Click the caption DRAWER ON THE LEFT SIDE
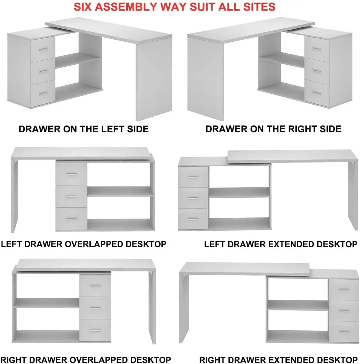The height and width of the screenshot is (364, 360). click(x=84, y=129)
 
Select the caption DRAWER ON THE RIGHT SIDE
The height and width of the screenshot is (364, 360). click(x=273, y=129)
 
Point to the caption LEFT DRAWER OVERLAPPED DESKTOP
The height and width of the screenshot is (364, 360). click(x=84, y=244)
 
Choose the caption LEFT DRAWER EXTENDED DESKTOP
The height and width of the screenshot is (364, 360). click(x=281, y=244)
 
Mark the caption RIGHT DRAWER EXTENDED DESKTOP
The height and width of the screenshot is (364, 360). click(x=278, y=360)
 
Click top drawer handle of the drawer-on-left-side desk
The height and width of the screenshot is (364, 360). click(x=43, y=49)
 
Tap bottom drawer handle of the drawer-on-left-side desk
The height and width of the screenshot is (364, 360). click(x=43, y=93)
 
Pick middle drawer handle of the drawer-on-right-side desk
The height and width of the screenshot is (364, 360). click(x=316, y=71)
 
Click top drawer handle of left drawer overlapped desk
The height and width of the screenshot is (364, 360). click(x=71, y=174)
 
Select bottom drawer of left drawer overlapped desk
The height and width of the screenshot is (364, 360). click(x=71, y=219)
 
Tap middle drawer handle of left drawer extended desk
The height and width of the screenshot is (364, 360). click(x=194, y=198)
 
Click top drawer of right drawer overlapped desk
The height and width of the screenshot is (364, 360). click(x=95, y=286)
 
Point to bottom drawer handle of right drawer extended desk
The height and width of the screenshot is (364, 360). click(x=343, y=332)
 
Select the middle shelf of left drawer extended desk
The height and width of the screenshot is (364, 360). click(x=239, y=192)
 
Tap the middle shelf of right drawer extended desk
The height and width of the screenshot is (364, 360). click(x=298, y=305)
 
